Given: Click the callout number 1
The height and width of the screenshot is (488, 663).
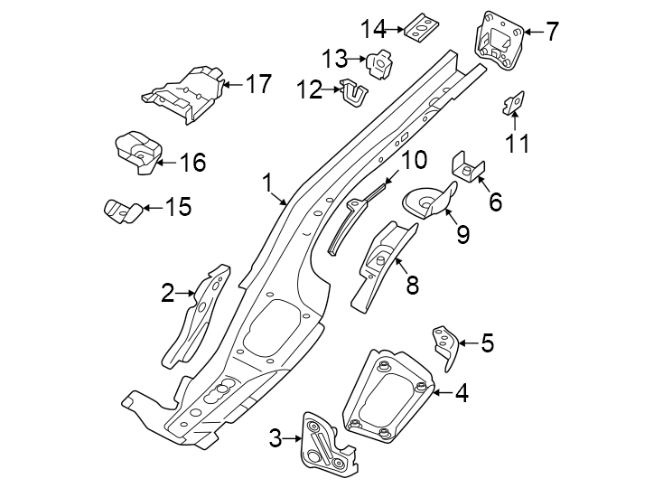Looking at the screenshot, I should tap(268, 183).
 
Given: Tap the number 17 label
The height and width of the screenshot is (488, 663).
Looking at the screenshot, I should tap(257, 85).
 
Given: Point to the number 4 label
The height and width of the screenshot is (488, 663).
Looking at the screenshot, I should tap(462, 393).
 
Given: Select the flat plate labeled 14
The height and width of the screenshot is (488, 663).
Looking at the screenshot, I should tap(420, 27).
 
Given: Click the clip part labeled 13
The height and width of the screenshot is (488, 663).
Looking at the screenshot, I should tap(379, 62).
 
